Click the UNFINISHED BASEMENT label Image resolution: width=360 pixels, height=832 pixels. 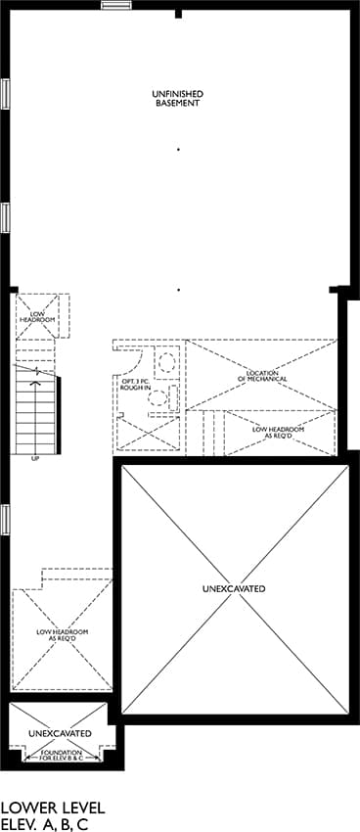coord(178,99)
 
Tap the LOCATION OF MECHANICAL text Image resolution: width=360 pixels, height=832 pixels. coord(263,376)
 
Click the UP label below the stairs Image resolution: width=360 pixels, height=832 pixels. coord(35,458)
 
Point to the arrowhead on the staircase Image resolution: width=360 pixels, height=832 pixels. coord(36,381)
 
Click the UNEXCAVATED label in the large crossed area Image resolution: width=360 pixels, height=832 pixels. coord(234,589)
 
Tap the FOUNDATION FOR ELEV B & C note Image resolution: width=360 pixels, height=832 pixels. coord(63,756)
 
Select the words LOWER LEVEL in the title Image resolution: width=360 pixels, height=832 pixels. coord(53,808)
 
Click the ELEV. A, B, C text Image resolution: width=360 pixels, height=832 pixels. coord(45,824)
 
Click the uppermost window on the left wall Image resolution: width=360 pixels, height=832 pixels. coord(5,94)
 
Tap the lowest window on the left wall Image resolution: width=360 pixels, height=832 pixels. coord(5,520)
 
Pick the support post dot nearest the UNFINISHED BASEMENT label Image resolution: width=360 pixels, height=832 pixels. coord(179,150)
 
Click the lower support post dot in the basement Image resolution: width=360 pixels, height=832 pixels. coord(179,291)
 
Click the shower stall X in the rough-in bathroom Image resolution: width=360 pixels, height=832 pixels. coord(148,433)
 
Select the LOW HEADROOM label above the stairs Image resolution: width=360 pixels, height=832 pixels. coord(37,317)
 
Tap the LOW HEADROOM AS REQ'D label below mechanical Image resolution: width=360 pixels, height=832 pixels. coord(279,432)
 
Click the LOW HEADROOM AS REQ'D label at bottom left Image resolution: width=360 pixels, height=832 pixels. coord(62,635)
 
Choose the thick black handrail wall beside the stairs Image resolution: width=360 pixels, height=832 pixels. coord(58,414)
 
